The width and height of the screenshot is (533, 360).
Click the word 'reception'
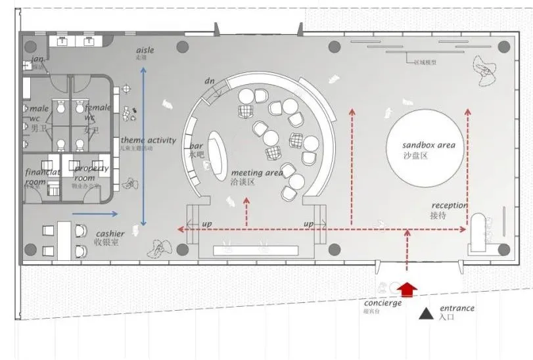pos(450,206)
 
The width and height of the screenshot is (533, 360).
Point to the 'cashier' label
pos(110,234)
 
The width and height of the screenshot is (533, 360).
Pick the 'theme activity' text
pos(148,140)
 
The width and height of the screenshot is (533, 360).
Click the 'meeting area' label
pos(257,172)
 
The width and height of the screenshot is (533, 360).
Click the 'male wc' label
pos(39,113)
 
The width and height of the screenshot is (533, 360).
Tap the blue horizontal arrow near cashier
pos(95,214)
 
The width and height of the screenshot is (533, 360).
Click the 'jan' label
pos(37,60)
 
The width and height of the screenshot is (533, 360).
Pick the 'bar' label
pos(196,146)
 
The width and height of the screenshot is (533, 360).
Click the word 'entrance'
pos(457,308)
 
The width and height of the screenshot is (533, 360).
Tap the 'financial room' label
pos(42,177)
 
